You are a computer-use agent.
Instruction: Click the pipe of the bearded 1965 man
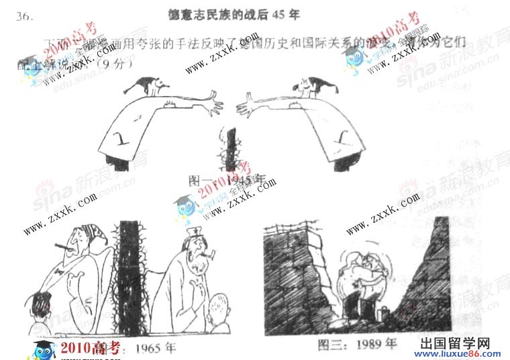click(x=209, y=255)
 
